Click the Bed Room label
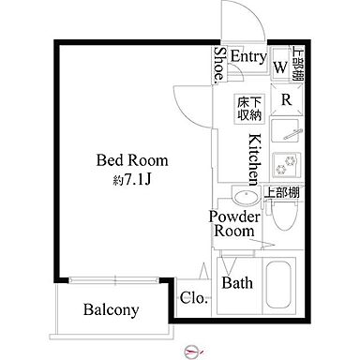[132, 160]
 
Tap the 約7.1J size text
[132, 180]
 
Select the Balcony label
[111, 309]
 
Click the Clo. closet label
[194, 298]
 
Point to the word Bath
[237, 283]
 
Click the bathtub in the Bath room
[279, 285]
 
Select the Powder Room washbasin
[247, 196]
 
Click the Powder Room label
[234, 224]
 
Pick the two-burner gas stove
[286, 163]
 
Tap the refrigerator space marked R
[286, 100]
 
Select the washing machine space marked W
[280, 67]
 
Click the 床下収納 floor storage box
[249, 109]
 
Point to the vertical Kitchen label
[254, 159]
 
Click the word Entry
[248, 56]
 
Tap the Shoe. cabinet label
[220, 65]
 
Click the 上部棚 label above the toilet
[282, 192]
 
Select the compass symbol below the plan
[193, 352]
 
